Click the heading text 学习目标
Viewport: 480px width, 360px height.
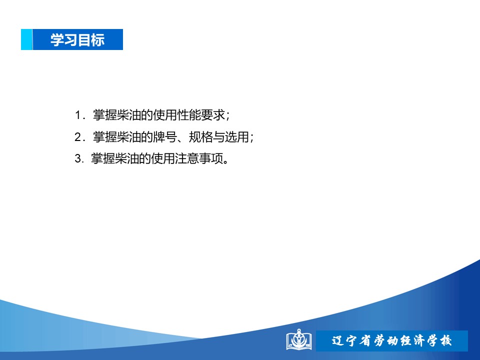pyautogui.click(x=77, y=40)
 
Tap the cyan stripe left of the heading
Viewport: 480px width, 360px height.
pyautogui.click(x=26, y=39)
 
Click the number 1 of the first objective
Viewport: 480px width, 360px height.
pyautogui.click(x=78, y=115)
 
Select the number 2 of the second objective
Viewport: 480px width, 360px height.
pyautogui.click(x=78, y=137)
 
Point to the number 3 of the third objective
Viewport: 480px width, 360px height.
pyautogui.click(x=78, y=158)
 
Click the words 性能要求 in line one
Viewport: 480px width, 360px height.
pyautogui.click(x=201, y=115)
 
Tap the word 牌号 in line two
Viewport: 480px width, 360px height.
pyautogui.click(x=165, y=137)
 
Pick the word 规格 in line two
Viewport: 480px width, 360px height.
pyautogui.click(x=201, y=137)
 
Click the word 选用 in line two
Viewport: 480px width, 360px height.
pyautogui.click(x=237, y=137)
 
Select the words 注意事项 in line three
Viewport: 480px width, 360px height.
pyautogui.click(x=199, y=158)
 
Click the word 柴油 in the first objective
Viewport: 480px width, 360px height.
pyautogui.click(x=129, y=115)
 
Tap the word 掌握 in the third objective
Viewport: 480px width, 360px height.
pyautogui.click(x=103, y=158)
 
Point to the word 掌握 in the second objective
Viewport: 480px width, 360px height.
pyautogui.click(x=105, y=137)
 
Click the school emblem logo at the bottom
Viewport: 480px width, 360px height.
pyautogui.click(x=299, y=339)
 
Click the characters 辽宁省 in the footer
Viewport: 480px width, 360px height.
pyautogui.click(x=351, y=340)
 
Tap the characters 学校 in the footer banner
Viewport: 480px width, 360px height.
pyautogui.click(x=439, y=340)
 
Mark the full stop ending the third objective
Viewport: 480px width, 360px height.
pyautogui.click(x=226, y=161)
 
